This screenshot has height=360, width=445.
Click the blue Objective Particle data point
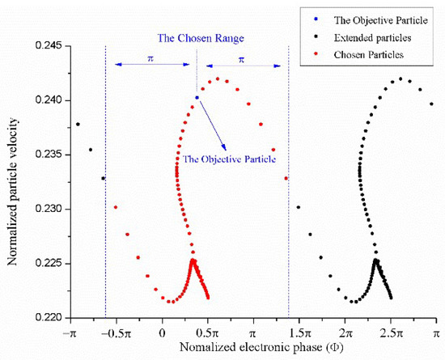coord(197,97)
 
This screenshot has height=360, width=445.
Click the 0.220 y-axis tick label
coord(48,318)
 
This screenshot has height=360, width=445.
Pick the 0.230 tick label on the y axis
coord(48,210)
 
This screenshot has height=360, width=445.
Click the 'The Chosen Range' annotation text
coord(197,37)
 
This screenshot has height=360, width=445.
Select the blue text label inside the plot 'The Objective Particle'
coord(229,159)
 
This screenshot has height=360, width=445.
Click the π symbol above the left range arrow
coord(150,59)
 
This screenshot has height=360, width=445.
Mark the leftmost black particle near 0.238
coord(78,125)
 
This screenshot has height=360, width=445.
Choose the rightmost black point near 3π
coord(431,104)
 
